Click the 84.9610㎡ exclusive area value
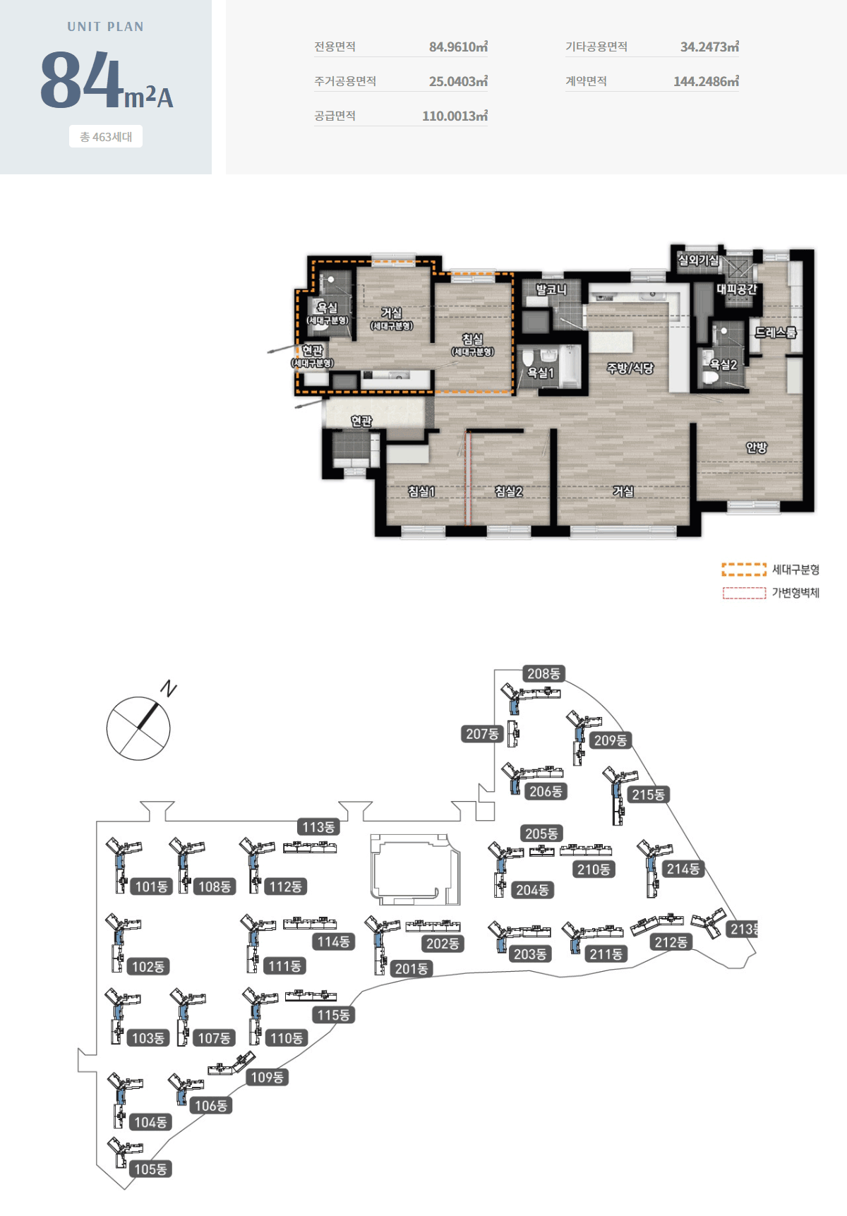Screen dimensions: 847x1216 click(458, 47)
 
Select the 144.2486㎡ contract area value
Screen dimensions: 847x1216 click(706, 81)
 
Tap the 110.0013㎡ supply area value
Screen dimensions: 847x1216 click(455, 116)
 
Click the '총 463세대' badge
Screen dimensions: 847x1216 click(106, 137)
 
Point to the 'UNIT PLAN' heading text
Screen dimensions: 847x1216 click(106, 27)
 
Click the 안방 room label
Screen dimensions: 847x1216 click(756, 447)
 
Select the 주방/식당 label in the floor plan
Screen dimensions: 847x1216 click(630, 368)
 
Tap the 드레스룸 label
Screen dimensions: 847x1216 click(776, 332)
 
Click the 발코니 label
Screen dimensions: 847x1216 click(551, 289)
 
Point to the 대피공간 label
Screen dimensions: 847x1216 click(737, 289)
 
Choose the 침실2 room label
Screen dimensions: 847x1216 click(508, 491)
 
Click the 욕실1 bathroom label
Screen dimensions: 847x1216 click(541, 373)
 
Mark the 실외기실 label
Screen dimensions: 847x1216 click(698, 260)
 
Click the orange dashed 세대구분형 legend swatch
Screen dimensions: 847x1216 click(744, 570)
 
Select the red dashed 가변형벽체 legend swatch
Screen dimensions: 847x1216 click(744, 593)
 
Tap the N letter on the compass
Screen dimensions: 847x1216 click(169, 688)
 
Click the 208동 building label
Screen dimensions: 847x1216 click(543, 674)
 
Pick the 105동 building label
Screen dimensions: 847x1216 click(151, 1169)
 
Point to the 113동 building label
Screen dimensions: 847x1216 click(318, 827)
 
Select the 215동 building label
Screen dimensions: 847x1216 click(648, 795)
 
